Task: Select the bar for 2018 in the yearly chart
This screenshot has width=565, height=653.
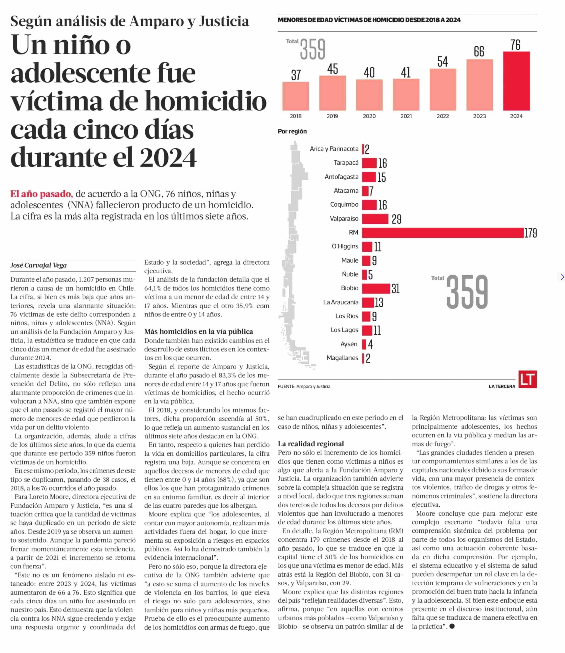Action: (x=295, y=96)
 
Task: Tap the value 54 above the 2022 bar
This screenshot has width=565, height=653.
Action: (x=442, y=62)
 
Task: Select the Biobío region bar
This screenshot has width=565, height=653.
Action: (x=376, y=288)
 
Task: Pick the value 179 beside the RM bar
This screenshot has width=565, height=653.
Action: (x=530, y=233)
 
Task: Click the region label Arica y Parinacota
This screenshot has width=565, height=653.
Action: (x=334, y=149)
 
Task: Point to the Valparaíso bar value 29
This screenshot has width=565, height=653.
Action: (x=396, y=219)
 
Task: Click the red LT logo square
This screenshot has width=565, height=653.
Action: (x=528, y=380)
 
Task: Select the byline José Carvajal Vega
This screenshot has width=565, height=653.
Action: (x=38, y=265)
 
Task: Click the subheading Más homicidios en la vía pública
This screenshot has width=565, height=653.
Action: (x=198, y=332)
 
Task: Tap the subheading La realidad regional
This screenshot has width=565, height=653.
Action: (x=311, y=444)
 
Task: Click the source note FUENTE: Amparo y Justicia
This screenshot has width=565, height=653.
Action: (x=304, y=386)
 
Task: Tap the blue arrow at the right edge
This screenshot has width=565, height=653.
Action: (x=562, y=277)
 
